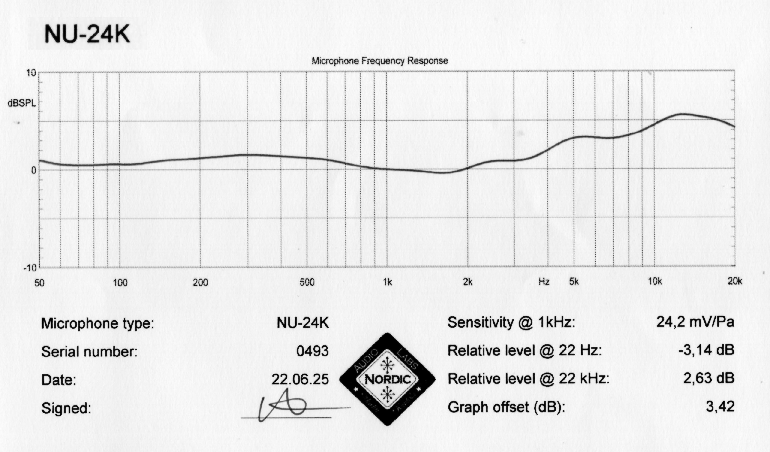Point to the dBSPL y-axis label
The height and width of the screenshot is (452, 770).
click(21, 103)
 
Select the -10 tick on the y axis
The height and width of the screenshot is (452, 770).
click(30, 268)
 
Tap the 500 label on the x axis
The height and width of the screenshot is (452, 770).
click(307, 282)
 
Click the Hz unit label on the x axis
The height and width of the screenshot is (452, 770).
click(544, 282)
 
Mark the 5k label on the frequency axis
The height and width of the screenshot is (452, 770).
click(574, 282)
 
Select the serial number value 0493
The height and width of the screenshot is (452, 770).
click(312, 351)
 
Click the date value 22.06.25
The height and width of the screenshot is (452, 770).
click(300, 379)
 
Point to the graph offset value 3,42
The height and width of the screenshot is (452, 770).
click(720, 407)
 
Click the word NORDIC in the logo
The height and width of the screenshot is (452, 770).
click(388, 380)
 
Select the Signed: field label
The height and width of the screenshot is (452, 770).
click(66, 409)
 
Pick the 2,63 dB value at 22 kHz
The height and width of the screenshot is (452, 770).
click(709, 378)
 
